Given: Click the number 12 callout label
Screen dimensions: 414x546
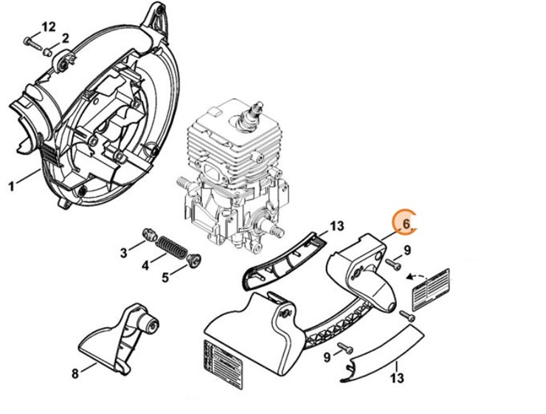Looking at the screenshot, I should tap(48, 27).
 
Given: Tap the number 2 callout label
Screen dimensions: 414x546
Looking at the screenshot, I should tap(65, 38).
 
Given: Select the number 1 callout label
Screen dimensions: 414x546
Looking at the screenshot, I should tap(11, 185).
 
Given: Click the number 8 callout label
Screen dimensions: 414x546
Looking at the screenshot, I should tap(75, 373).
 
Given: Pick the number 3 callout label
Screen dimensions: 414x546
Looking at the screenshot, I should tap(124, 253).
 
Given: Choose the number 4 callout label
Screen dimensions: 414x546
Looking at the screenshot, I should tap(145, 265).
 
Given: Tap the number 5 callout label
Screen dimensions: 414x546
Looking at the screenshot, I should tap(165, 277).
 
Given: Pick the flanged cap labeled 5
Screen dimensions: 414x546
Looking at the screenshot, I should tap(195, 258).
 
